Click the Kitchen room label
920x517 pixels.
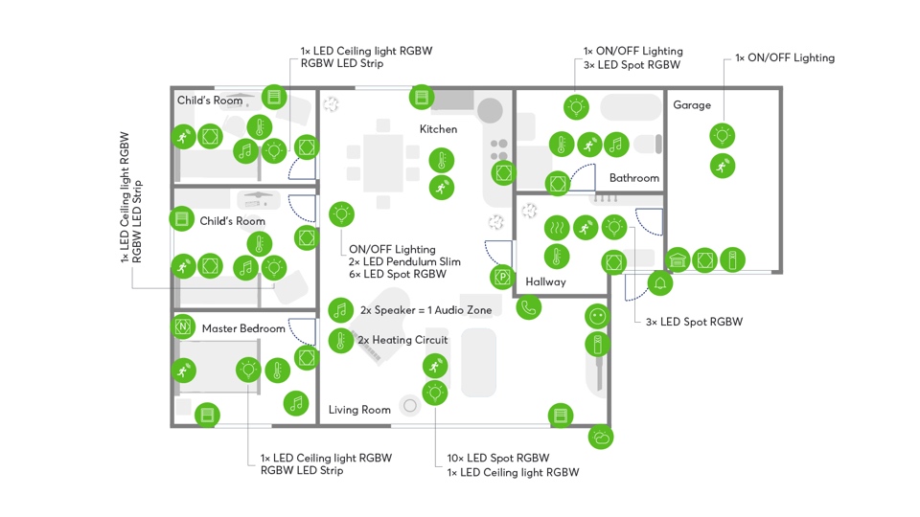438,129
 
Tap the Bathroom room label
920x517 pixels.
633,178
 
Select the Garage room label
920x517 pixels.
691,105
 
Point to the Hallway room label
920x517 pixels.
545,281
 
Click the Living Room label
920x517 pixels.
359,410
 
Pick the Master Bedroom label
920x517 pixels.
243,328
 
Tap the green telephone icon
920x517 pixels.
528,307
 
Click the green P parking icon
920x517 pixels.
502,278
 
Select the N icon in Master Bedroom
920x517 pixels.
183,327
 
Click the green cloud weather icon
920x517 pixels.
601,438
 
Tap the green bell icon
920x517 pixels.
659,283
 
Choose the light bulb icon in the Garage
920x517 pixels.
723,135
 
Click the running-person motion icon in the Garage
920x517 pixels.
723,166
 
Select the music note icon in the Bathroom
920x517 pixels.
615,145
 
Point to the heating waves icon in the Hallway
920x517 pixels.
557,228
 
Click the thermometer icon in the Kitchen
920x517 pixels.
441,161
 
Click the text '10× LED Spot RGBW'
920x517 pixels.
498,458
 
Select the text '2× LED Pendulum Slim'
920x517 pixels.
404,261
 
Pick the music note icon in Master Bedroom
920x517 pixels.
297,403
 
